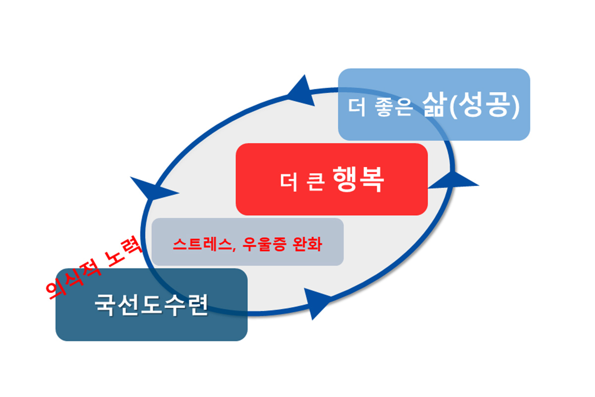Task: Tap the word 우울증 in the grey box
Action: point(260,244)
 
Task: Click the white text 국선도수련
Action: point(151,305)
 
